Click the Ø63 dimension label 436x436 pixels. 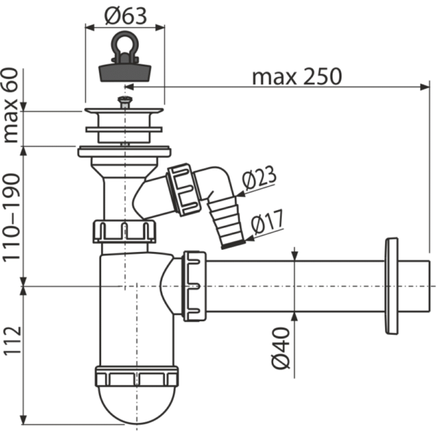point(126,16)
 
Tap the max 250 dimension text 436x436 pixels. point(296,77)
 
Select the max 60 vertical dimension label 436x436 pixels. point(11,105)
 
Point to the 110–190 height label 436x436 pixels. point(12,217)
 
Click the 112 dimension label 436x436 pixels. point(12,340)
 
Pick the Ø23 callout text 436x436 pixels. point(259,177)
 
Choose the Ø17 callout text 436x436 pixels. point(267,222)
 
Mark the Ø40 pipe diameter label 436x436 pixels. point(280,348)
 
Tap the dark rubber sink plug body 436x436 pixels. point(125,73)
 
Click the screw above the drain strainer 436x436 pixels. point(125,102)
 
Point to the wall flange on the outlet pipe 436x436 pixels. point(392,286)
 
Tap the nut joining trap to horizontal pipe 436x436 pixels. point(194,286)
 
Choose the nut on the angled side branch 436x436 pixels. point(184,190)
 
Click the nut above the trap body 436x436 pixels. point(124,231)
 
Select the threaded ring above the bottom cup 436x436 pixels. point(137,376)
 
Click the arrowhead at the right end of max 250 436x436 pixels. point(424,86)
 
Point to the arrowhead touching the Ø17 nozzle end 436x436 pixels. point(250,238)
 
